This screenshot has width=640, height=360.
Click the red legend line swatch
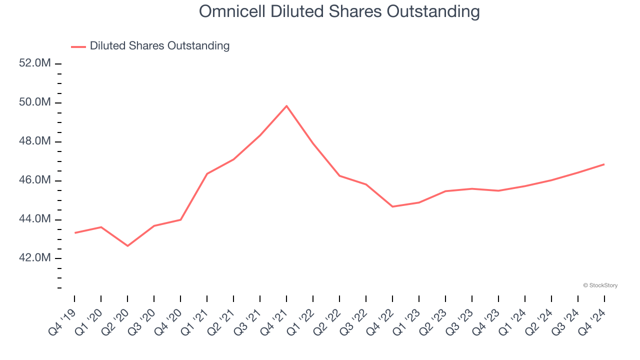click(78, 46)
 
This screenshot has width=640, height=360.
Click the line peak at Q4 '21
click(286, 106)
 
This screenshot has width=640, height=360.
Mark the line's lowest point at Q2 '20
click(127, 246)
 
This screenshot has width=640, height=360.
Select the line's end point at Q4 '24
click(604, 164)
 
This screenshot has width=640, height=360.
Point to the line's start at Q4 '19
click(75, 232)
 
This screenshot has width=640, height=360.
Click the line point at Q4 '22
click(392, 206)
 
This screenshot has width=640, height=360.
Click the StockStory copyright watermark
click(600, 285)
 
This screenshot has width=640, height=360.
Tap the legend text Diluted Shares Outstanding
click(159, 46)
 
